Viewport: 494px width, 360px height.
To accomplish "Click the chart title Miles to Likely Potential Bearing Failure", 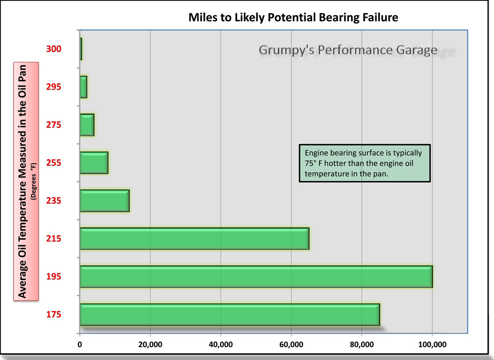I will tap(293, 18).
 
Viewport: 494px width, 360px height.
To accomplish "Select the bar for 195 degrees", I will tap(256, 277).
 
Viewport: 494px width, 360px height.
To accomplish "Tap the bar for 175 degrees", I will tap(229, 314).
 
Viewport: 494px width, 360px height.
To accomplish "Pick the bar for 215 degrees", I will tap(194, 239).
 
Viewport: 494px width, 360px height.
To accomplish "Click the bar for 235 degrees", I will tap(104, 201).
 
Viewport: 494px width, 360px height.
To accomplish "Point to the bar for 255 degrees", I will tap(94, 163).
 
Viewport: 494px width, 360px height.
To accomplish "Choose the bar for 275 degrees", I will tap(87, 125).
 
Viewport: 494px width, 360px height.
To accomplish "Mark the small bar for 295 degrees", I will tap(83, 87).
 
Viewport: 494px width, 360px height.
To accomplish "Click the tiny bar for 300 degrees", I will tap(81, 49).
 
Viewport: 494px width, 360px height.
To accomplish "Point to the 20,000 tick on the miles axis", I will tap(150, 345).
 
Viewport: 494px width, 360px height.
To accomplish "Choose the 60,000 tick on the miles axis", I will tap(291, 345).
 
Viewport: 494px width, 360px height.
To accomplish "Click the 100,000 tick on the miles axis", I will tap(432, 345).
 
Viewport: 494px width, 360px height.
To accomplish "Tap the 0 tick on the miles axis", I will tap(80, 345).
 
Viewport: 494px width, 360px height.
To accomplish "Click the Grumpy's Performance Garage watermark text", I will tap(348, 50).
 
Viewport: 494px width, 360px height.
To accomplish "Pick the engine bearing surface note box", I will tap(364, 163).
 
